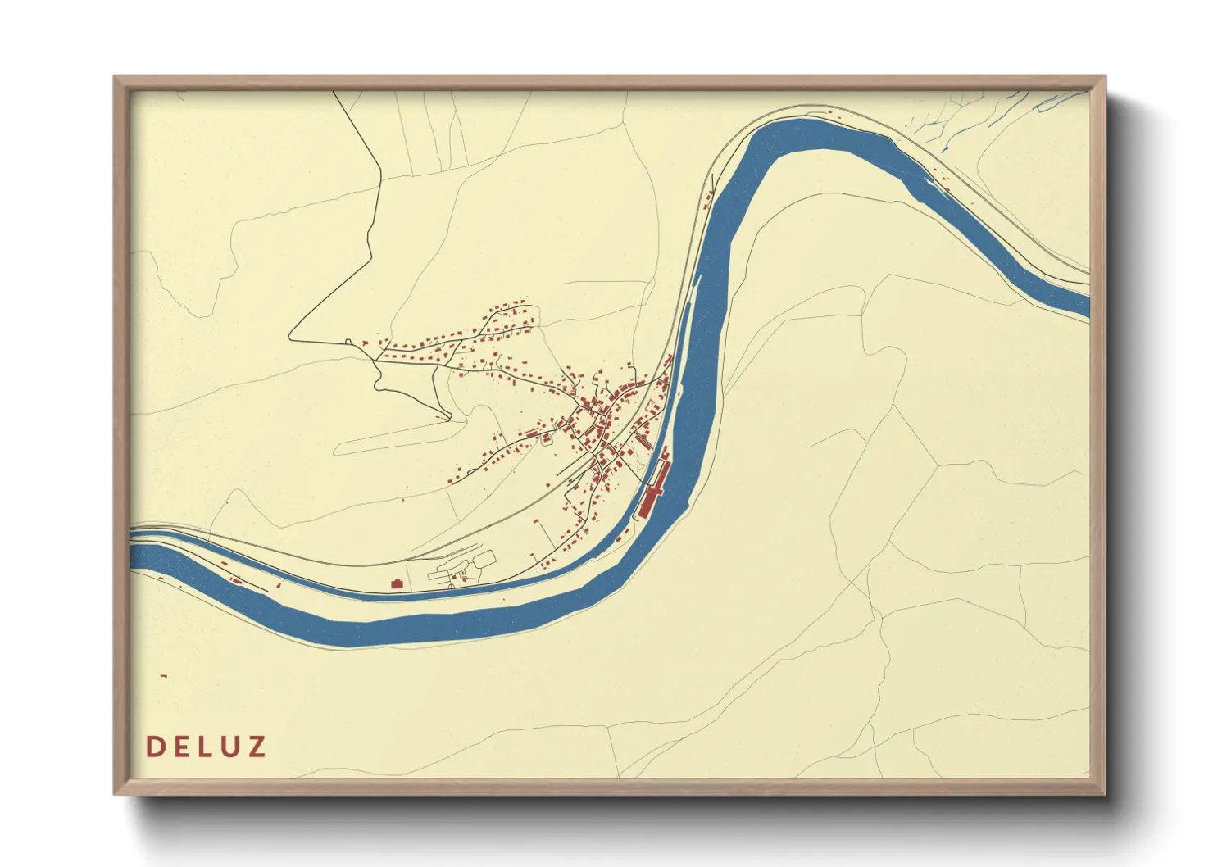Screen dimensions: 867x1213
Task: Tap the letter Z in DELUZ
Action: tap(257, 747)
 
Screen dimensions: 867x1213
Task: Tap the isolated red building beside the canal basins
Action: tap(398, 583)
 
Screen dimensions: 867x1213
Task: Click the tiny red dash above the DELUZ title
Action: tap(164, 675)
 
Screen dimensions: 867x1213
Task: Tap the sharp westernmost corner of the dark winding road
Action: tap(290, 338)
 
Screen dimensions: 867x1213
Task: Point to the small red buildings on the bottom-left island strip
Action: tap(238, 579)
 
